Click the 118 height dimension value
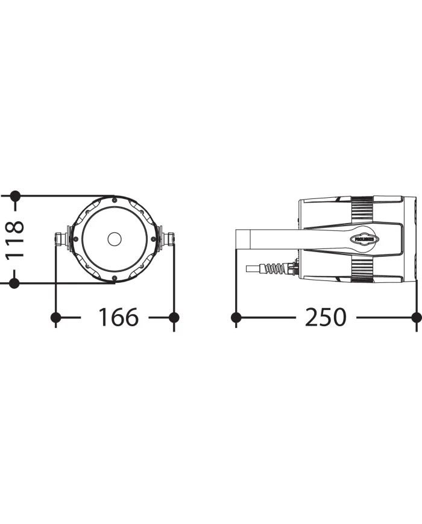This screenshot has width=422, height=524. (15, 239)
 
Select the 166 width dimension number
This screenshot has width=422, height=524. (118, 317)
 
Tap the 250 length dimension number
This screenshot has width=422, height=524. (326, 317)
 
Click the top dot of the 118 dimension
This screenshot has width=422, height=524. (15, 196)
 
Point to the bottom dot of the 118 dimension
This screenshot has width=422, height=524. (15, 282)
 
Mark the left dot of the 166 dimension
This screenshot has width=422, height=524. (55, 317)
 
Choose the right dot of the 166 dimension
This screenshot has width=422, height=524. (174, 317)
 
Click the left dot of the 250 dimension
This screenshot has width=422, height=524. (236, 317)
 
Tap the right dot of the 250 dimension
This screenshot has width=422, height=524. (415, 317)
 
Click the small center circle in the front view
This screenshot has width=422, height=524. (114, 239)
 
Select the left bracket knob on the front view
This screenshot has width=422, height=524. (61, 239)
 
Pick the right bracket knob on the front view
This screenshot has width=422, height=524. (168, 239)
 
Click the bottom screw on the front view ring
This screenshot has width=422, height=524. (114, 279)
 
